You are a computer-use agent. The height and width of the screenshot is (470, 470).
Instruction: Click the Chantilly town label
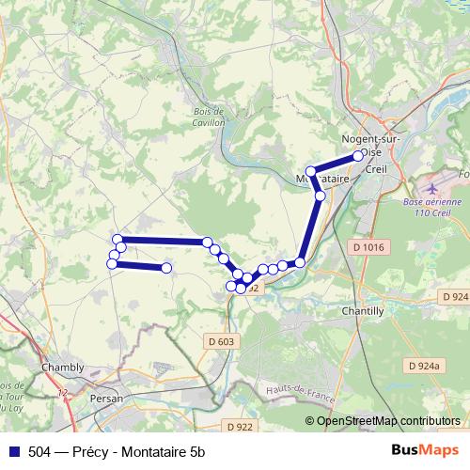[363, 310]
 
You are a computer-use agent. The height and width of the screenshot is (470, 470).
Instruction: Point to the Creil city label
[375, 170]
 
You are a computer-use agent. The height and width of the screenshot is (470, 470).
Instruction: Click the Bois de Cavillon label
[209, 117]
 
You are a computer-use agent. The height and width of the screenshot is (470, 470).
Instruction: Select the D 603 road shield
[218, 340]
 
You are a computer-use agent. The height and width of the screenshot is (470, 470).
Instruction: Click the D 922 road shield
[241, 427]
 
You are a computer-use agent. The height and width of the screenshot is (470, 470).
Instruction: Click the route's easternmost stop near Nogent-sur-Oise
[358, 156]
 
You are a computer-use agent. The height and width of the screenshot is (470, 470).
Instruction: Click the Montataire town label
[323, 178]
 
